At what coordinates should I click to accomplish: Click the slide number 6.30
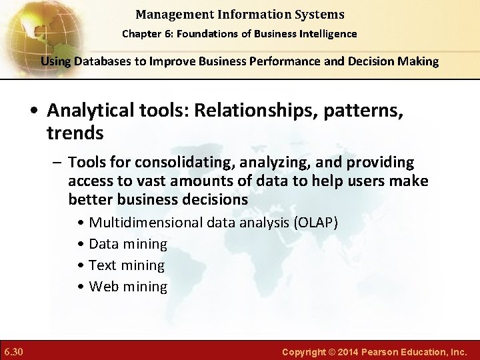[13, 351]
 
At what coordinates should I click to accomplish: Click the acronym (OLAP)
[315, 223]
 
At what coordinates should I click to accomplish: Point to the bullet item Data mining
[127, 244]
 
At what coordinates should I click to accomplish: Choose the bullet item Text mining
[126, 265]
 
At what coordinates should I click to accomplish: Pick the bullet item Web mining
[127, 287]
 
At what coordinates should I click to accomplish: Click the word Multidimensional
[146, 223]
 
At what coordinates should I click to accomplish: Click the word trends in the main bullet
[75, 133]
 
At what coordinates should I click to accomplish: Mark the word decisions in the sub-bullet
[214, 200]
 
